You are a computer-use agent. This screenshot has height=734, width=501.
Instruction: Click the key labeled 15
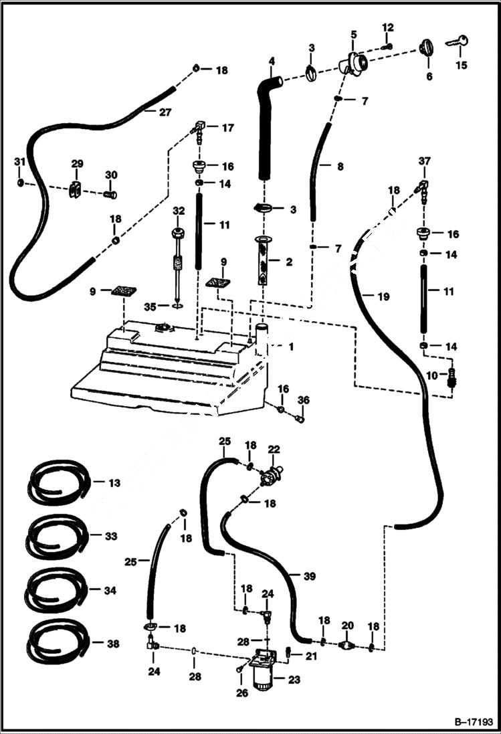(456, 42)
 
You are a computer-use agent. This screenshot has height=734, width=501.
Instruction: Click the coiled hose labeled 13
(57, 482)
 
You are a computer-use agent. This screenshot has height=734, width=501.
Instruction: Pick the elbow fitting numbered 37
(422, 189)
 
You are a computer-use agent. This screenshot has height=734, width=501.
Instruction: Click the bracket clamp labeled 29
(76, 189)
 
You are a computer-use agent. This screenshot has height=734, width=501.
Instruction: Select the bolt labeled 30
(110, 194)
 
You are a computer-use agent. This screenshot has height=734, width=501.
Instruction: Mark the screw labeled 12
(387, 46)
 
